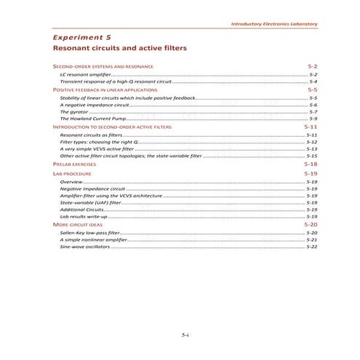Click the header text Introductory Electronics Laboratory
(x=273, y=24)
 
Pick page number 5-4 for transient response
(x=313, y=81)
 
